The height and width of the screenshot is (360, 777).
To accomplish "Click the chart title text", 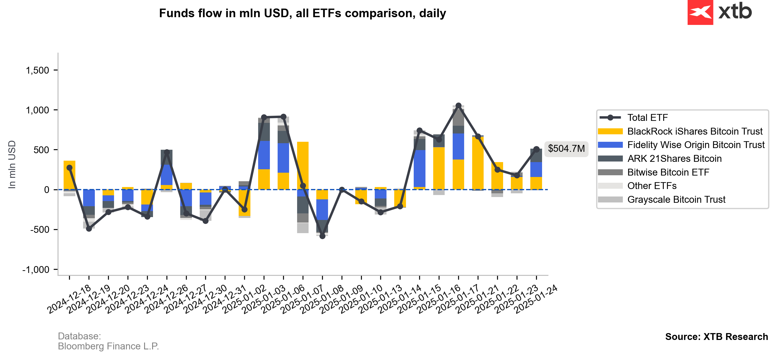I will coord(302,13).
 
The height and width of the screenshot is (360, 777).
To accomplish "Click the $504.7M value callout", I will coord(566,149).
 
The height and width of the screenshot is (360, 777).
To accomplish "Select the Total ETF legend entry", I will coord(647,118).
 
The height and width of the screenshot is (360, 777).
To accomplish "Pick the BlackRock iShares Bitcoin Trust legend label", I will coord(694,131).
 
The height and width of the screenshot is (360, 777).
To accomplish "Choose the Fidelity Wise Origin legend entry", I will coord(696,145).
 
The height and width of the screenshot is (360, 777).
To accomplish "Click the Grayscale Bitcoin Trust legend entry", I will coord(676,200).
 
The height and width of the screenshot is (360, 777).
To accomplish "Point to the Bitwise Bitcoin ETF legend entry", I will coord(668,172).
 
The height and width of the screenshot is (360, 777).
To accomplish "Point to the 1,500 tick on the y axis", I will coord(38,70).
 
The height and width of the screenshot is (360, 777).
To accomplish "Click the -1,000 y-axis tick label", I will coord(36,270).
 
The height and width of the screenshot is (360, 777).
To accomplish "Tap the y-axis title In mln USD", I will coord(12,165).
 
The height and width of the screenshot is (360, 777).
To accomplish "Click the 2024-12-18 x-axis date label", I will coord(69,298).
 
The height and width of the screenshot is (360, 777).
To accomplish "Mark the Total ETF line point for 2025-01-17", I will coord(458,105).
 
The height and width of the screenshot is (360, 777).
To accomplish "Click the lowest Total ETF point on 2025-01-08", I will coord(322,236).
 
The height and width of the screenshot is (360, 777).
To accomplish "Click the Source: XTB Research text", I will coord(716,337).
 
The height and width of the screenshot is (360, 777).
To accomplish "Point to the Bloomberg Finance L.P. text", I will coord(108,347).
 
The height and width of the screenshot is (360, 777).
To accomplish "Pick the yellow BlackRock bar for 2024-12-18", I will coord(69,175).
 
